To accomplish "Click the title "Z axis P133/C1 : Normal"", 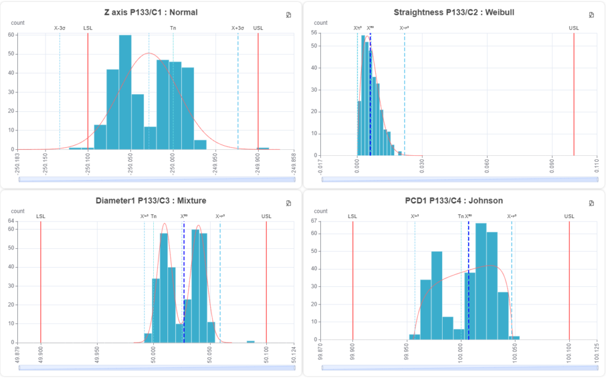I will (x=151, y=12).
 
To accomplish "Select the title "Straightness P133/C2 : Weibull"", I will (x=454, y=12).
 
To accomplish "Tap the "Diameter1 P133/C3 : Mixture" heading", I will (x=151, y=200).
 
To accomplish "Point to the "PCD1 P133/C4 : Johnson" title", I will (x=454, y=200).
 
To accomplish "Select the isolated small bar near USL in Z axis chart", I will (x=263, y=148).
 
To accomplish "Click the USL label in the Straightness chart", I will (x=574, y=28).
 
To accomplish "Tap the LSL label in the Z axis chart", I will (x=88, y=28).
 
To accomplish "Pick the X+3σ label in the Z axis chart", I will (x=238, y=28).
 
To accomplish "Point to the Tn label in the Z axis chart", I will (x=173, y=28).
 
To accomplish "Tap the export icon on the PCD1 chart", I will (x=591, y=203).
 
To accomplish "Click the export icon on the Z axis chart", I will (x=288, y=15).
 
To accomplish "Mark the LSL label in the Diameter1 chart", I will (x=40, y=216).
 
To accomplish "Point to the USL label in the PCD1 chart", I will (x=569, y=216).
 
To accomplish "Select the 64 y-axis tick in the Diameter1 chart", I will (x=11, y=221).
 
